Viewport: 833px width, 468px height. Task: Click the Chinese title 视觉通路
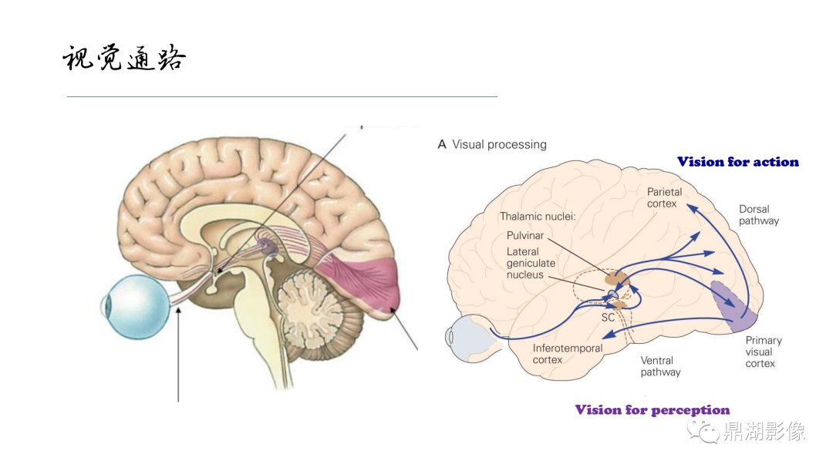click(124, 57)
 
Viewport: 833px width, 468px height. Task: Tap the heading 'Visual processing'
click(499, 144)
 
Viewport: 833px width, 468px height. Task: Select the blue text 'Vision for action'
click(738, 161)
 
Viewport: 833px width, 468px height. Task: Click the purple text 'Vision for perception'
click(653, 409)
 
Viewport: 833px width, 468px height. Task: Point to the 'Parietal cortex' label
click(664, 197)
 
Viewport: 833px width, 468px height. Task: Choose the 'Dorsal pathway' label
click(759, 215)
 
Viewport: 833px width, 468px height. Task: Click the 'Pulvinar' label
click(525, 235)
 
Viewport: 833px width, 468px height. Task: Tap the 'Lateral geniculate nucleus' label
click(531, 263)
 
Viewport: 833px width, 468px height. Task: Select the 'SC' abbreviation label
click(608, 318)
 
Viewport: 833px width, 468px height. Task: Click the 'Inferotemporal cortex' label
click(568, 354)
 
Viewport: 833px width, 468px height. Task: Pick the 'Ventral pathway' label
click(660, 366)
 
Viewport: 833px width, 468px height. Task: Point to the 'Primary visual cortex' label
click(764, 352)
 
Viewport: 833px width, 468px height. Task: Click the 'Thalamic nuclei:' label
click(538, 216)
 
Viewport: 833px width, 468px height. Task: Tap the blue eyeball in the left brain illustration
click(136, 307)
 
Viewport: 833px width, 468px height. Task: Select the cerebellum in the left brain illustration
click(319, 313)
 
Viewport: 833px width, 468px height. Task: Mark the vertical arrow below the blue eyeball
click(178, 355)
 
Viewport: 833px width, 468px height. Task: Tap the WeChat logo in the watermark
click(703, 430)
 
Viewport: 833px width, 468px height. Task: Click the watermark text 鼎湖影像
click(764, 431)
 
